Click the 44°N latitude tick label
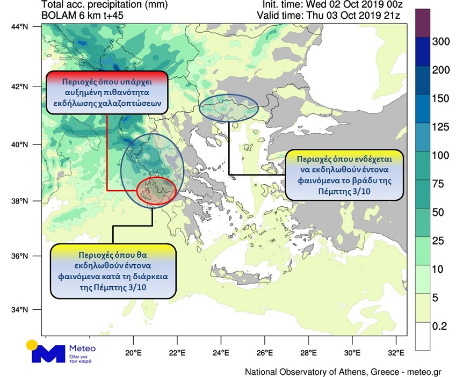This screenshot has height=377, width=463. pos(19,27)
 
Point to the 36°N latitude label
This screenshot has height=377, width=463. pos(19,256)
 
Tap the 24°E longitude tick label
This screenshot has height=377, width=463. pos(221,352)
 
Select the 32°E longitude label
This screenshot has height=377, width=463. pos(396,352)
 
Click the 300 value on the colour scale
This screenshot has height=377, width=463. pos(441,42)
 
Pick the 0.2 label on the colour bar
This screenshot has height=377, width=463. pos(439,326)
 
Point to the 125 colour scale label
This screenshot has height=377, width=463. pos(441,127)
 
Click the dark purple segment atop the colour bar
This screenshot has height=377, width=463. pos(423,23)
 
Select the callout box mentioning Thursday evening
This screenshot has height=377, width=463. pos(344,175)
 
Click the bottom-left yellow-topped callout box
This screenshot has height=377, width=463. pos(113,271)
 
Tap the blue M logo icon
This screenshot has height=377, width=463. pos(48,353)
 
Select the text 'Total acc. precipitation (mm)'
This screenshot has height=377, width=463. pos(105,5)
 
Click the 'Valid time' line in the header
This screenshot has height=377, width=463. pos(329,15)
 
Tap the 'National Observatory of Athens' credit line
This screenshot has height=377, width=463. pos(306,372)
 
